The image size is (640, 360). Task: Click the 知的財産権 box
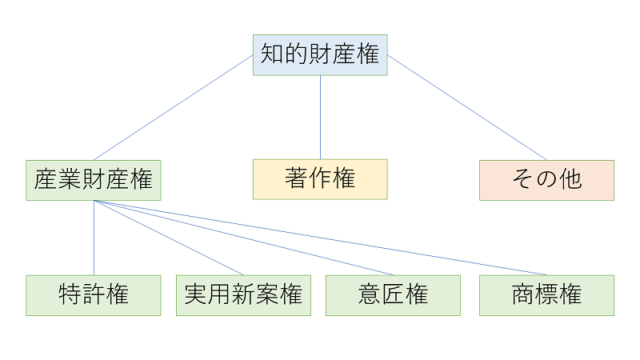(x=320, y=54)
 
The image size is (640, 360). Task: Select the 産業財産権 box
(x=94, y=180)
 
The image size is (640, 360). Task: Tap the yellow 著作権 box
(x=320, y=179)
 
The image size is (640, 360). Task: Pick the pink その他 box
(x=546, y=179)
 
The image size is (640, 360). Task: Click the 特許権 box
(x=94, y=295)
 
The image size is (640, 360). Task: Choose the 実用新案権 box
(x=243, y=295)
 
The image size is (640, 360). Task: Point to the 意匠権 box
(x=393, y=295)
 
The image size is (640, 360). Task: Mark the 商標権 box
(x=546, y=295)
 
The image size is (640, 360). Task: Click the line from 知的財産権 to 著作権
(x=320, y=117)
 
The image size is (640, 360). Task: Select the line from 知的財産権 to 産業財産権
(x=173, y=107)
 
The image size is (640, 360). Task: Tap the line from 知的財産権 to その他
(x=467, y=107)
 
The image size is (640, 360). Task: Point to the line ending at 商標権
(x=320, y=238)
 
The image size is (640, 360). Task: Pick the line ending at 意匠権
(x=243, y=238)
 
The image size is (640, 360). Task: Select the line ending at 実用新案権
(x=168, y=238)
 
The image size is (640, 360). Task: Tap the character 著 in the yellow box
(x=297, y=179)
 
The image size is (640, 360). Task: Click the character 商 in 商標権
(x=523, y=295)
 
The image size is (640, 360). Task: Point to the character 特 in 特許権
(x=70, y=295)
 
